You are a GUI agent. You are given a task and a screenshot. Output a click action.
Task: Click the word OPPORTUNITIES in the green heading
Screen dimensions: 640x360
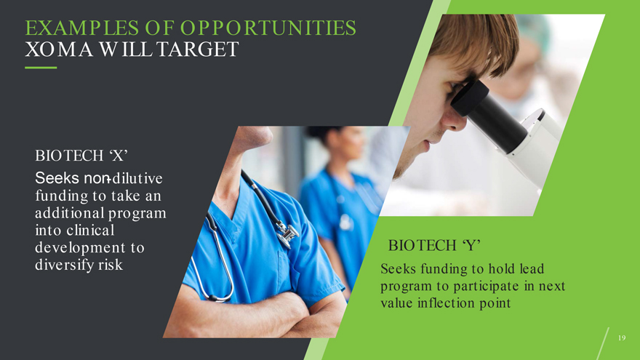268,28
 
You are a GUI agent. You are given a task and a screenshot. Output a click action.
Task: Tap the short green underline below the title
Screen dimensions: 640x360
41,68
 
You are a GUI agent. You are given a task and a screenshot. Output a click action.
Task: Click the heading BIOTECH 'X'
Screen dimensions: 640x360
81,156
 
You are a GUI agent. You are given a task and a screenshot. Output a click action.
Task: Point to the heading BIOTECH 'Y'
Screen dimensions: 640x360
434,245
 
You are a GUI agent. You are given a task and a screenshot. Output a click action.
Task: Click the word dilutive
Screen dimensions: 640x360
137,178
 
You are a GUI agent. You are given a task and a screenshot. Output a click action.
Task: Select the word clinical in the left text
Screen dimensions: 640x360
90,231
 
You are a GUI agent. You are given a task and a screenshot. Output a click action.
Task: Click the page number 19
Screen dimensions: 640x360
622,337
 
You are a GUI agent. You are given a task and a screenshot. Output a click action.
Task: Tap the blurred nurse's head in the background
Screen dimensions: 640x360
342,146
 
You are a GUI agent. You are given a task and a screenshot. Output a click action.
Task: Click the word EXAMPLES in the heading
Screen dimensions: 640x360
81,28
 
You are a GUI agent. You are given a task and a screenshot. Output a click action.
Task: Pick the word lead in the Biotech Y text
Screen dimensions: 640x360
532,268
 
